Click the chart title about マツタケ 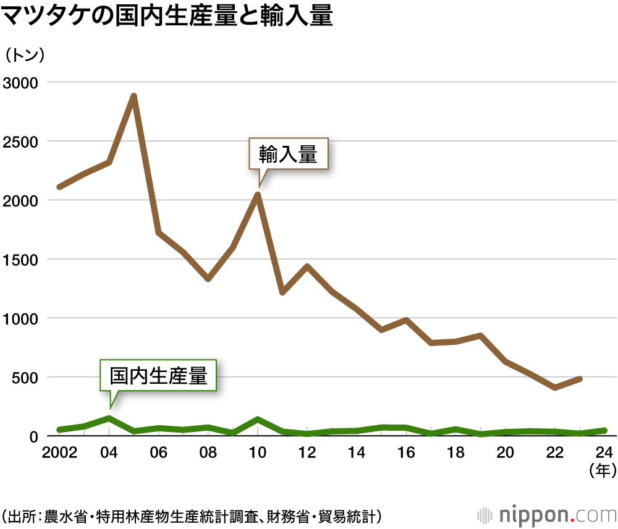pyautogui.click(x=167, y=17)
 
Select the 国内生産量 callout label pyautogui.click(x=158, y=375)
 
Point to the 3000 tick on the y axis pyautogui.click(x=20, y=83)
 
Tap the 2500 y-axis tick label pyautogui.click(x=20, y=142)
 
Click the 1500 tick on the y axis pyautogui.click(x=20, y=260)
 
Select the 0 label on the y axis pyautogui.click(x=33, y=436)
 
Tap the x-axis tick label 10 pyautogui.click(x=258, y=453)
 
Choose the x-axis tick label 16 pyautogui.click(x=406, y=453)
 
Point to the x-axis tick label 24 pyautogui.click(x=604, y=453)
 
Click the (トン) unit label pyautogui.click(x=25, y=55)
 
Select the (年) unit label pyautogui.click(x=602, y=472)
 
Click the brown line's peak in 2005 pyautogui.click(x=133, y=96)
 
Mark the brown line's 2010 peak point pyautogui.click(x=258, y=195)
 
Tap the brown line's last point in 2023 pyautogui.click(x=580, y=378)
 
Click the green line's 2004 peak pyautogui.click(x=109, y=418)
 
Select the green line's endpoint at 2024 pyautogui.click(x=604, y=430)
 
